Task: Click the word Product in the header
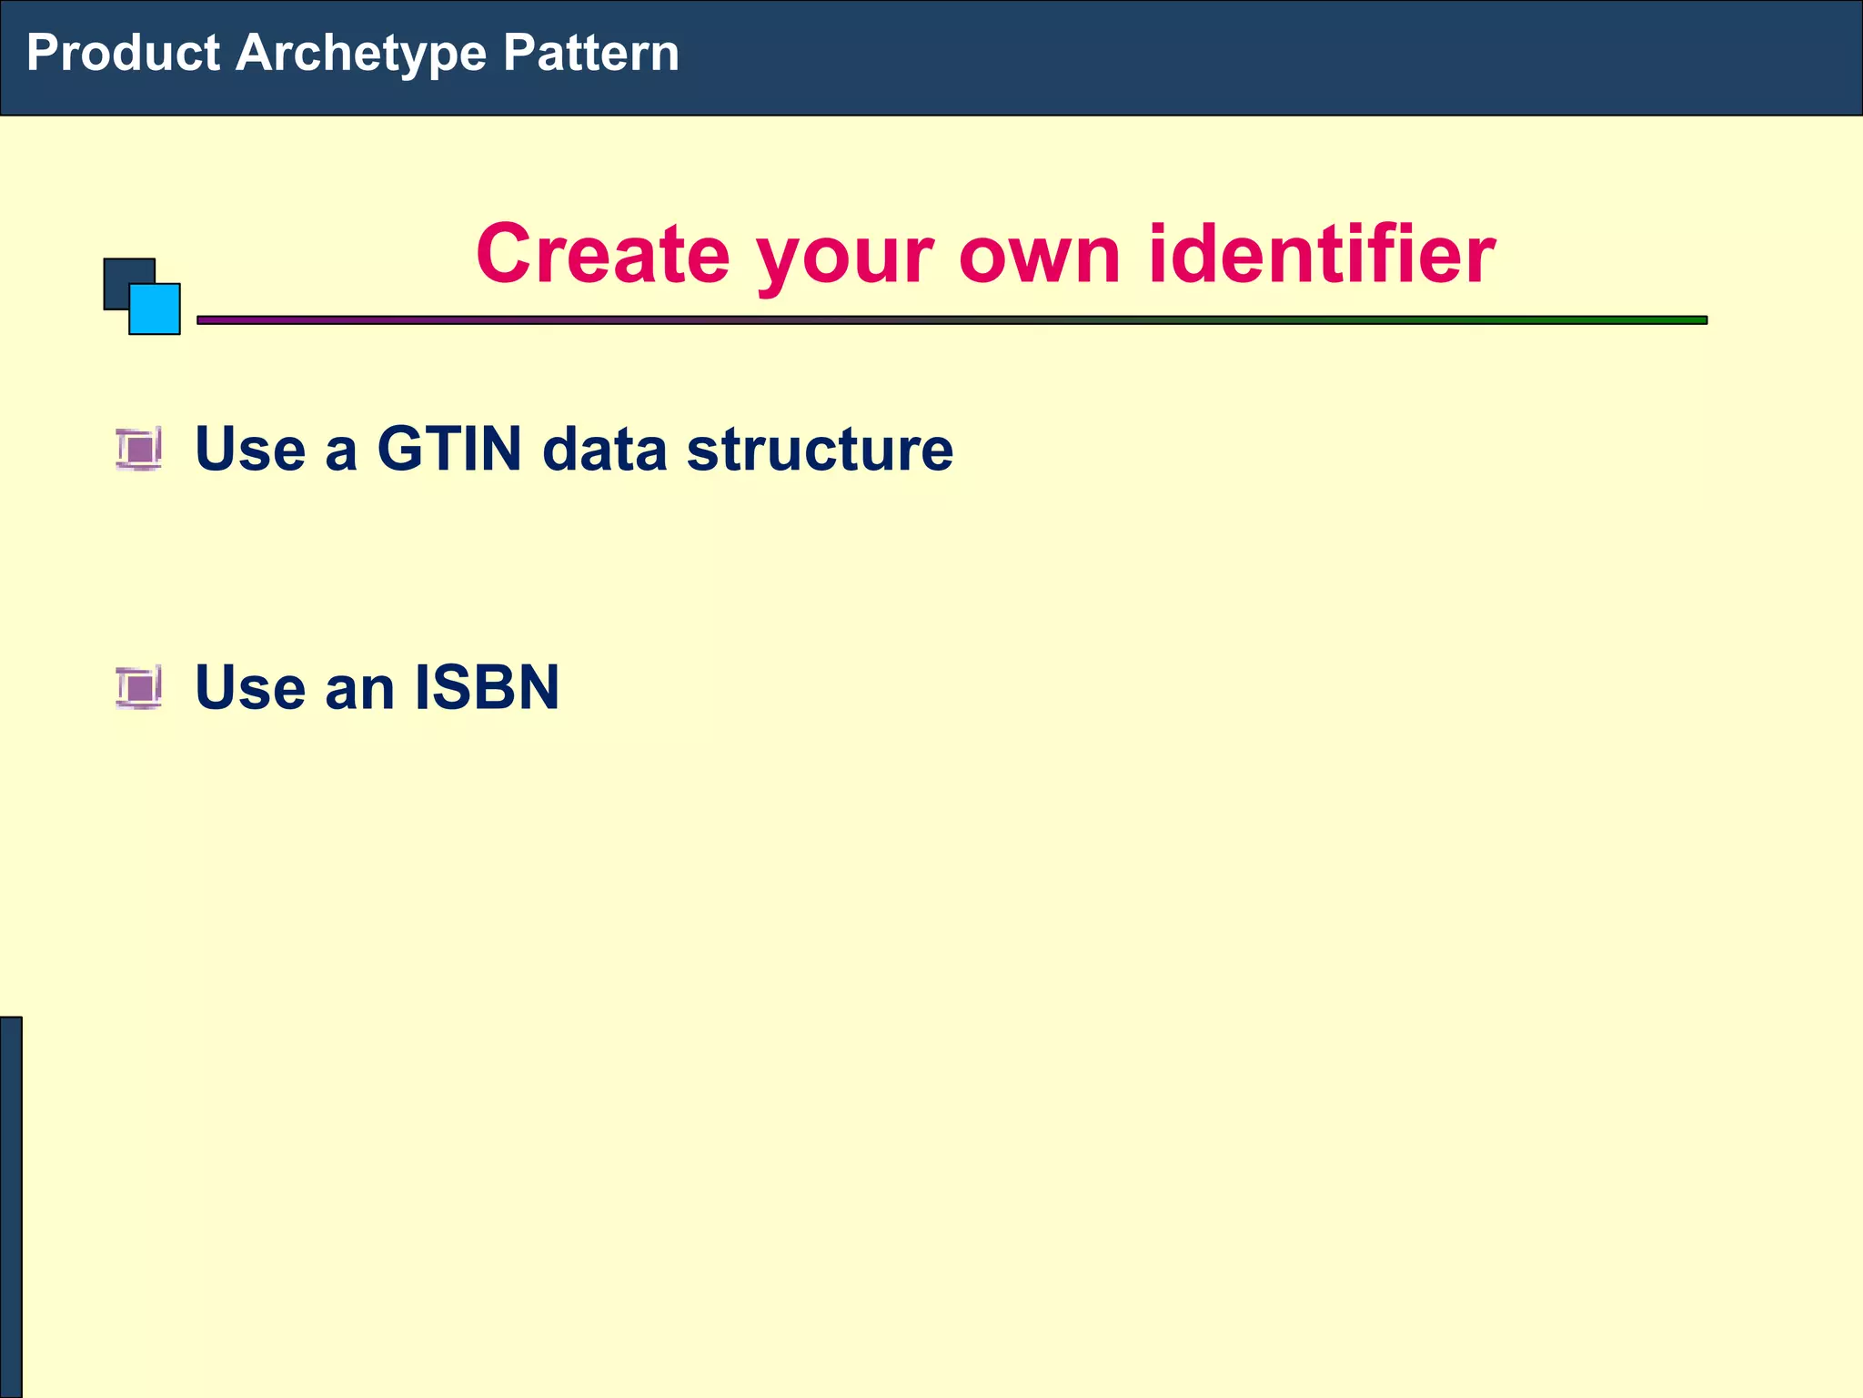click(x=123, y=53)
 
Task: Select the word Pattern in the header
click(x=590, y=53)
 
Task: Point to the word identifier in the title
click(x=1321, y=254)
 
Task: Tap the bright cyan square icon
click(x=156, y=309)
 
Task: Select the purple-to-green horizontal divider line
click(x=951, y=320)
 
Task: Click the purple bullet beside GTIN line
click(x=139, y=449)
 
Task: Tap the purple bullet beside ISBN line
click(x=139, y=686)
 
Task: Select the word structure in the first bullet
click(x=820, y=449)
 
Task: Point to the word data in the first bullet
click(x=604, y=449)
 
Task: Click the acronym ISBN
click(x=487, y=687)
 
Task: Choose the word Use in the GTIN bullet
click(x=250, y=449)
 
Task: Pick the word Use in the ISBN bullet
click(x=250, y=687)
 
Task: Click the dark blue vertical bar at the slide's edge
click(x=10, y=1206)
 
